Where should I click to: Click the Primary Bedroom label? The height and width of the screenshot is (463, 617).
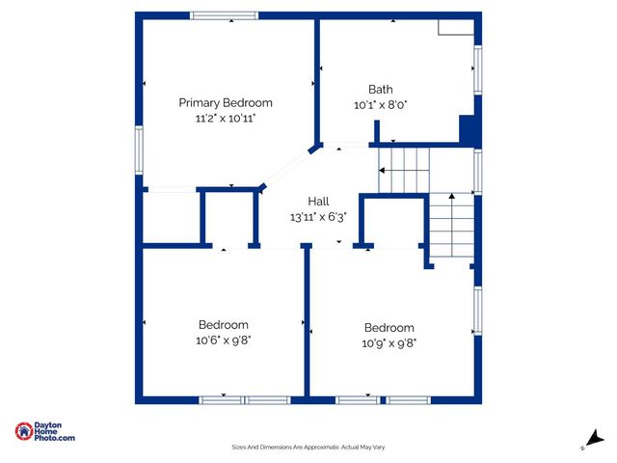point(226,102)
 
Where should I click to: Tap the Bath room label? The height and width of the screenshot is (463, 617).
point(381,89)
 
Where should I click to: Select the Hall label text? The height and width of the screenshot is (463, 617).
point(318,201)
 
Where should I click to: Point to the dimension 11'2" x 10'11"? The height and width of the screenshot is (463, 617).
point(226,118)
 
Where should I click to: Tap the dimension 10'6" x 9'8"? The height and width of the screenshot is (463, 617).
point(224,340)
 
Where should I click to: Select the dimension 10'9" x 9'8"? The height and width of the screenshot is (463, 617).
point(389,342)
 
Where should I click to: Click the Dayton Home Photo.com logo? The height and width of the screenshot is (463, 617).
point(45,432)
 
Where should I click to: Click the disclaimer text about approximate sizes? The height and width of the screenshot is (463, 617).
point(308,447)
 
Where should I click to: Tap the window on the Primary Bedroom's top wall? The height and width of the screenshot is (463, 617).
point(224,15)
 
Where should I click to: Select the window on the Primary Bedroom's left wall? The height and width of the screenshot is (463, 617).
point(139,152)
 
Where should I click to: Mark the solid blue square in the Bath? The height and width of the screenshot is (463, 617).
point(468,130)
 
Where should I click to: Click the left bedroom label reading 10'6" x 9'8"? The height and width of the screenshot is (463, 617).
point(224,325)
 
